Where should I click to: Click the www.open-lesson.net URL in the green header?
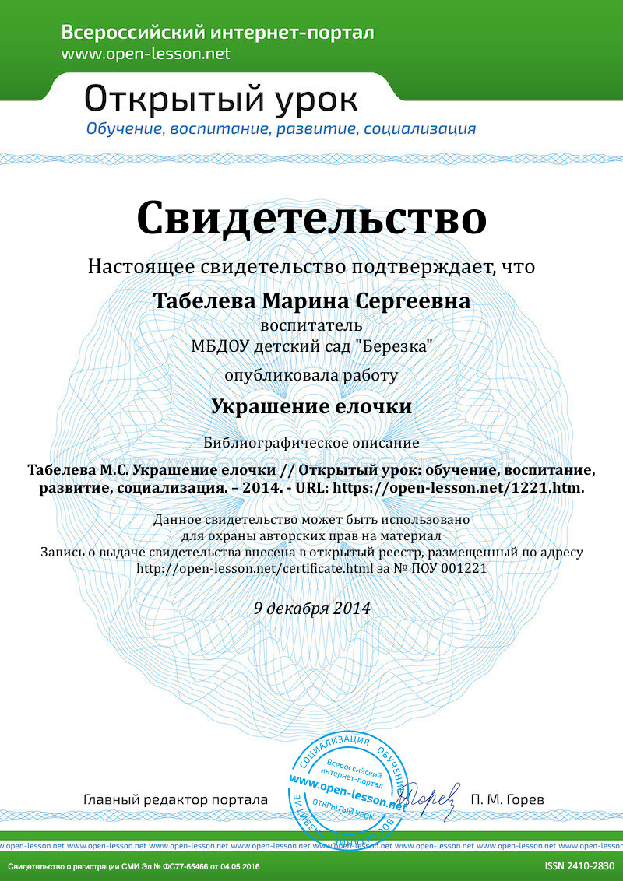[x=146, y=54]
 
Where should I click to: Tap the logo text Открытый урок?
[x=221, y=99]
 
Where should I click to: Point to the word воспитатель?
[x=311, y=325]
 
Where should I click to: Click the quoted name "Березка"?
[x=397, y=346]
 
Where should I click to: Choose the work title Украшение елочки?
[x=311, y=406]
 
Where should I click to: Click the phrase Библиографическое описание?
[x=311, y=443]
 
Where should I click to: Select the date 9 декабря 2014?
[x=311, y=608]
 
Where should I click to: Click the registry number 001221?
[x=466, y=568]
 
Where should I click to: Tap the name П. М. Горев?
[x=508, y=799]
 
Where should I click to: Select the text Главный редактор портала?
[x=175, y=799]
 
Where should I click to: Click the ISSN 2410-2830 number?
[x=579, y=866]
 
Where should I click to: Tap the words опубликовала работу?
[x=311, y=375]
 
